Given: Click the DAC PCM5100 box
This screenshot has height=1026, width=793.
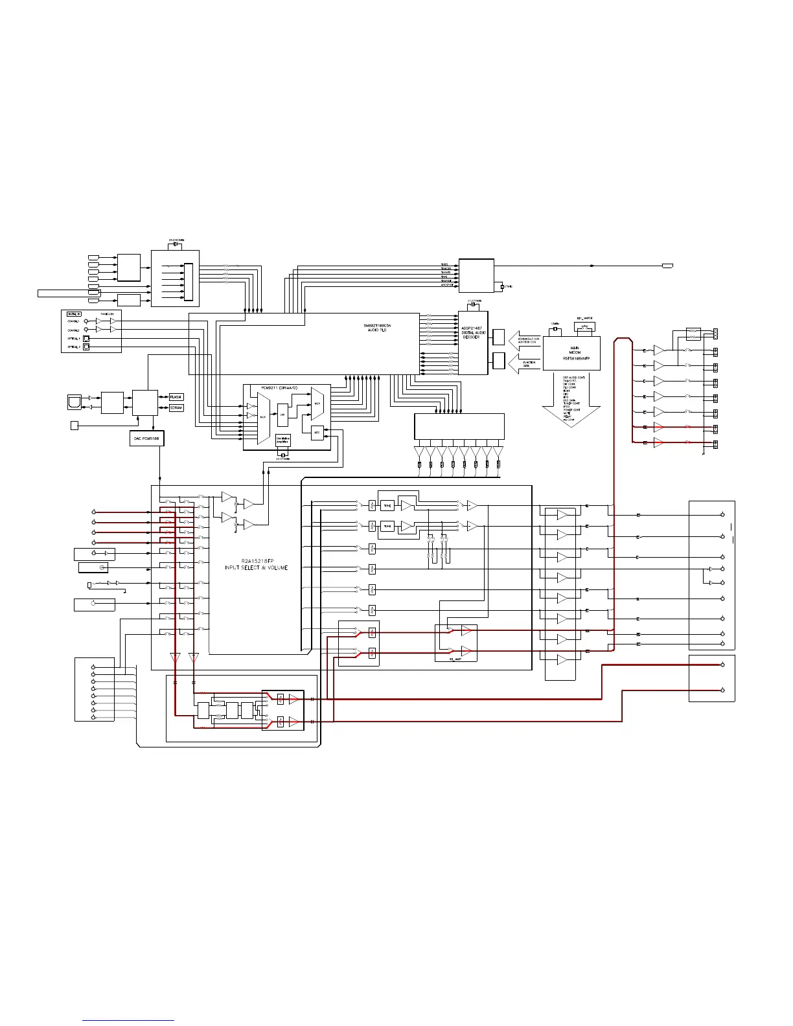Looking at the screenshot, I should pyautogui.click(x=146, y=439).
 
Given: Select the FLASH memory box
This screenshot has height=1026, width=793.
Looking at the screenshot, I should pyautogui.click(x=176, y=397).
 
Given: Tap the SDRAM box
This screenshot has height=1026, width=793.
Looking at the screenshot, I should pyautogui.click(x=176, y=408).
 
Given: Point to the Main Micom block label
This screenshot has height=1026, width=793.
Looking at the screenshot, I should pyautogui.click(x=575, y=352).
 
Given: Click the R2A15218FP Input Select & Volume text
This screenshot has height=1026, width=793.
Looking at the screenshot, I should pyautogui.click(x=256, y=564).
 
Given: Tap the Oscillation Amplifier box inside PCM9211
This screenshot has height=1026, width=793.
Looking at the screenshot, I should pyautogui.click(x=283, y=440).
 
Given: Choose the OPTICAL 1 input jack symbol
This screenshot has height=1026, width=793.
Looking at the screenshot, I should pyautogui.click(x=86, y=338).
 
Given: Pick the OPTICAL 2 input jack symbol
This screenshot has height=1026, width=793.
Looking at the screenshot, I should pyautogui.click(x=86, y=347).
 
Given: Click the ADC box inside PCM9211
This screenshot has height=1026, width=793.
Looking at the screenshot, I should pyautogui.click(x=317, y=432).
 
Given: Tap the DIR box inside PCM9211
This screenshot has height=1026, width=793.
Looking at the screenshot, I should pyautogui.click(x=282, y=415).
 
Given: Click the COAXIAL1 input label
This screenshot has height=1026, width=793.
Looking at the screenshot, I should pyautogui.click(x=73, y=321).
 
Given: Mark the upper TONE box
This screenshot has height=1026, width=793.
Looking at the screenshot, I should pyautogui.click(x=387, y=506).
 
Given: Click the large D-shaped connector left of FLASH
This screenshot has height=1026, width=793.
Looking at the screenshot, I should pyautogui.click(x=75, y=402).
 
